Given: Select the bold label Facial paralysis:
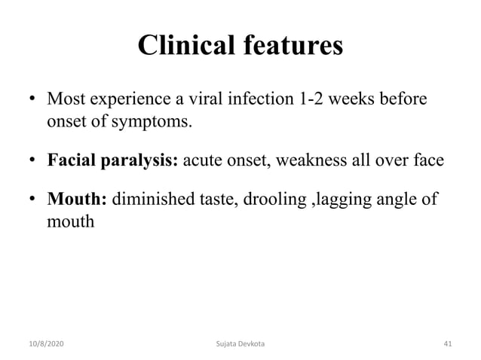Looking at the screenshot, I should tap(113, 160).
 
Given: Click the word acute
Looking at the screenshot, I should tap(204, 160).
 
